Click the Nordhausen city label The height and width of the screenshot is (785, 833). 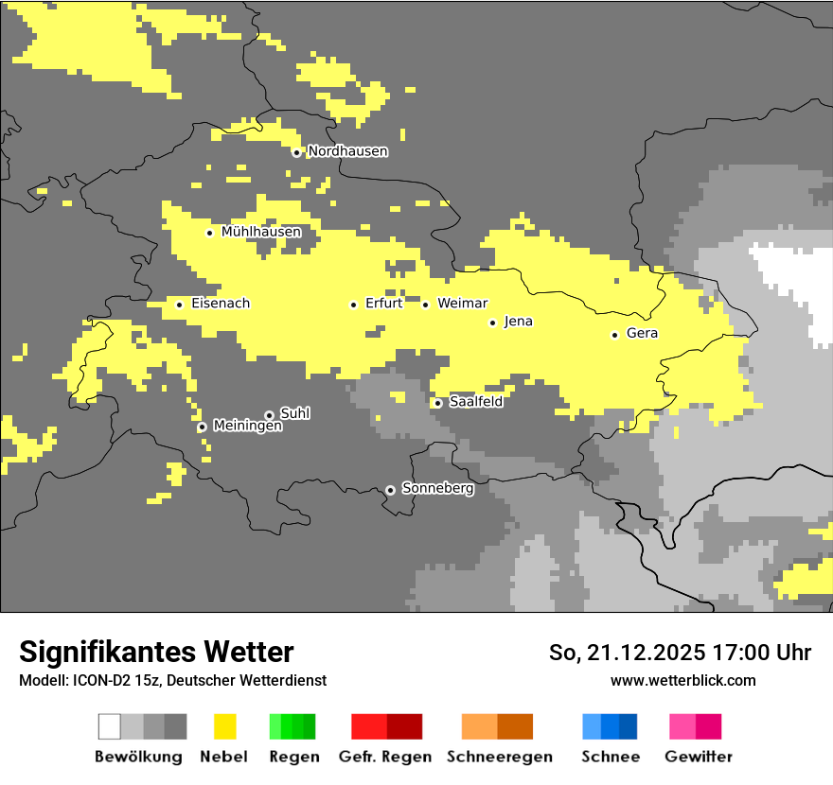[347, 151]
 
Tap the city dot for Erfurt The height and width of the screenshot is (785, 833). [353, 305]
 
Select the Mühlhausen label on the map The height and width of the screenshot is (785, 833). [261, 232]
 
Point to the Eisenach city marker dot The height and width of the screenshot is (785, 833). [179, 305]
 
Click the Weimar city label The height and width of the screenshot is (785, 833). [462, 304]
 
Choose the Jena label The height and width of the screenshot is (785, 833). [518, 322]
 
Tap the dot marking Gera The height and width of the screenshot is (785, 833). [614, 335]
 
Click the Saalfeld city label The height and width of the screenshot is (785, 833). [475, 402]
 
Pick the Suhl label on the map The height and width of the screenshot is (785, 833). [294, 413]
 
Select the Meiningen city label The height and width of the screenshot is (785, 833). [247, 427]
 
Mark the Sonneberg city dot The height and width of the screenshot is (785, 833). [390, 490]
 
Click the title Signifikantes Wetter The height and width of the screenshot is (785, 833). [156, 653]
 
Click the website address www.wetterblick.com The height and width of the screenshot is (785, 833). [682, 680]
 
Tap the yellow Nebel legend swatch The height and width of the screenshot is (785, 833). [224, 726]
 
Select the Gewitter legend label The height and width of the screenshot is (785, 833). [698, 757]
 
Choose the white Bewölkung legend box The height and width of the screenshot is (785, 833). [110, 726]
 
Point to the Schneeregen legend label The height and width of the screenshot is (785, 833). [499, 757]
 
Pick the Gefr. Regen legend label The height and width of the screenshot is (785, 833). [384, 757]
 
